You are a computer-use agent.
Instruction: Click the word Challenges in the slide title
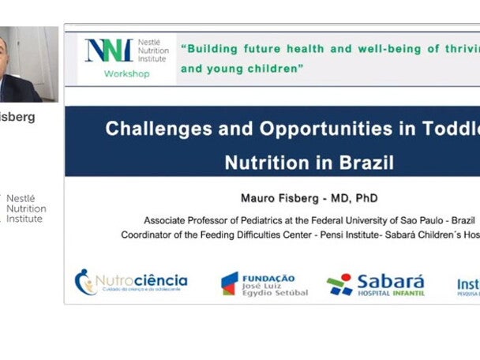151,129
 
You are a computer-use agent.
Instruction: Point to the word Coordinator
149,234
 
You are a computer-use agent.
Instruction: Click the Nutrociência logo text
142,280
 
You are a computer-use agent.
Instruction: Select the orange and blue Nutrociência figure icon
84,282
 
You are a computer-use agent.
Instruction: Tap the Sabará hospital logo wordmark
390,282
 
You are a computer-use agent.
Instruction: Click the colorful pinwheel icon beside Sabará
339,284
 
